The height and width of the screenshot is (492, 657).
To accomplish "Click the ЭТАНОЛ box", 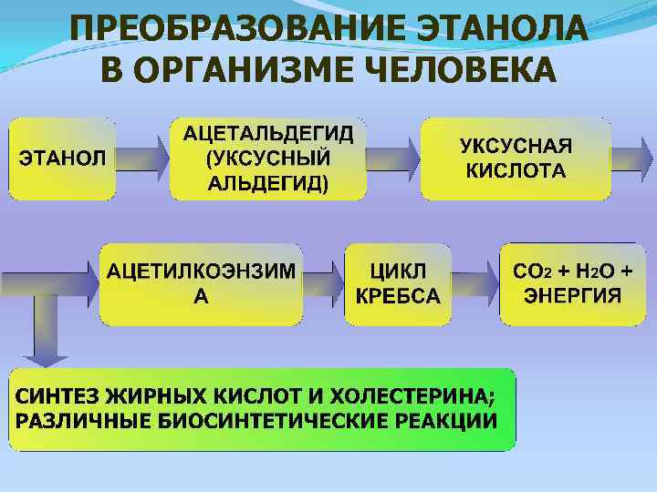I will point(62,158).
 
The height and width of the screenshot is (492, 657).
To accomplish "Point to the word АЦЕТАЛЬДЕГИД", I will point(268,134).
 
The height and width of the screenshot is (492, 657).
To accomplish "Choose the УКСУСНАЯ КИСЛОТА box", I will point(516,158).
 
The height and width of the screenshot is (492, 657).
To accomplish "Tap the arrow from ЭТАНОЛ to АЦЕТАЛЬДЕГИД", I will point(142,158).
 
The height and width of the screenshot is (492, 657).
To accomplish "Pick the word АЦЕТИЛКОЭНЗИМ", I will point(202,272).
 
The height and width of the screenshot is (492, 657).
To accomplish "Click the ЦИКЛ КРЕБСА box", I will point(397,283).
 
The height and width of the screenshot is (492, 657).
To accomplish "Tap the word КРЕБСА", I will point(397,296).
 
